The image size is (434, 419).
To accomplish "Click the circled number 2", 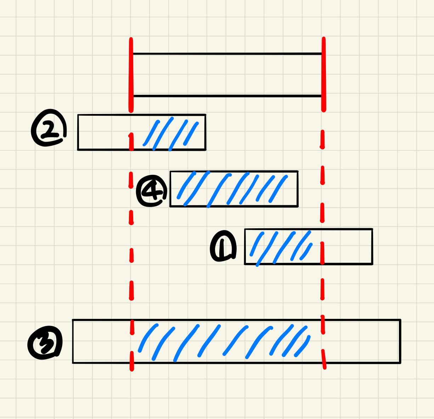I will [49, 129].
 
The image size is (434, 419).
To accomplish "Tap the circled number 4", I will [151, 191].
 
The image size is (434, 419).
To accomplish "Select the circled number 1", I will [223, 247].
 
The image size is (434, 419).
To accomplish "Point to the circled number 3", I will [45, 342].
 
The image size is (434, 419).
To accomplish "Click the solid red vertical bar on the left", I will [131, 74].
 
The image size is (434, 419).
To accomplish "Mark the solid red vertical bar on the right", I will [323, 74].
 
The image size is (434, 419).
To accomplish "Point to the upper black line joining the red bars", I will [227, 54].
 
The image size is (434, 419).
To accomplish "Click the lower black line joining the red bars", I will [227, 96].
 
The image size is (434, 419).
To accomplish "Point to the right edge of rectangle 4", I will [298, 189].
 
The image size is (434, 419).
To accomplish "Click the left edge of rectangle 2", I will [78, 132].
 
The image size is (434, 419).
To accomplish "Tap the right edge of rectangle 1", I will [372, 247].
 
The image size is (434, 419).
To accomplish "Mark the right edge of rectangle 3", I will [400, 341].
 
